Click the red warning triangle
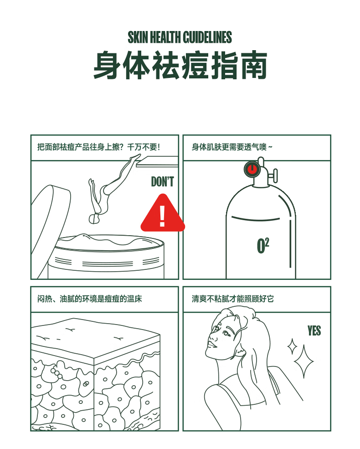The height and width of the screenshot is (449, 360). click(163, 213)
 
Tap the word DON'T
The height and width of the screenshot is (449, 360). click(162, 182)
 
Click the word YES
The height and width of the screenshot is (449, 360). click(314, 331)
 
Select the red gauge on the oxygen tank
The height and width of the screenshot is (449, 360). click(252, 169)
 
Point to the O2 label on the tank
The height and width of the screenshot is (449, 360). click(263, 246)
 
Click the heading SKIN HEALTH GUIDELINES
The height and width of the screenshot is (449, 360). click(180, 37)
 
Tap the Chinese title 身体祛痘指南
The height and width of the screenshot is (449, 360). click(180, 65)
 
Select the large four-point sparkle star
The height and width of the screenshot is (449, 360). click(303, 361)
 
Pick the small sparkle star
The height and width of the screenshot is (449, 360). click(292, 346)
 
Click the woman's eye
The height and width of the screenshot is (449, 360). click(226, 334)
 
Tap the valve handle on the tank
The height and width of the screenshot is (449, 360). click(275, 176)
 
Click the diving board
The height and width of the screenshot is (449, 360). click(157, 161)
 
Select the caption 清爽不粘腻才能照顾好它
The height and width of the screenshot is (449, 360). click(233, 299)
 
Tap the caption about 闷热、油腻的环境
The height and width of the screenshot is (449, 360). click(90, 299)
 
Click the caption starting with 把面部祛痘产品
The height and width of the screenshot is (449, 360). click(99, 147)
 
